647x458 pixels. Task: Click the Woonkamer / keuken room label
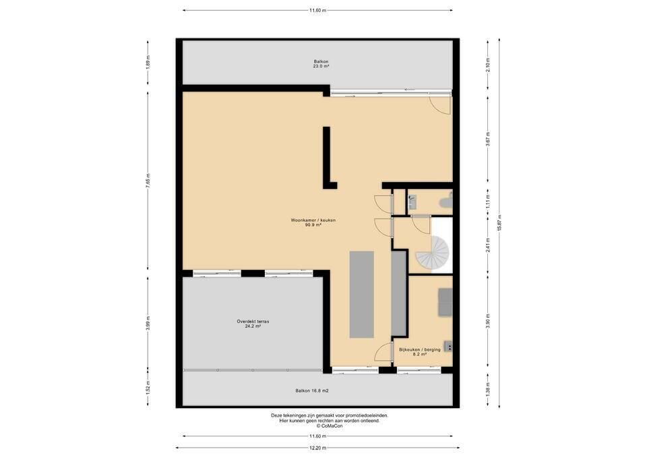click(x=313, y=223)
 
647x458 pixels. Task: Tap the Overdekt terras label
click(x=253, y=323)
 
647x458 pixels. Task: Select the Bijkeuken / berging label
click(x=420, y=351)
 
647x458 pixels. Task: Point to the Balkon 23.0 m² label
click(x=321, y=63)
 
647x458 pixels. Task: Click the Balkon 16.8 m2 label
click(x=312, y=391)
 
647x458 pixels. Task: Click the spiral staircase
click(x=433, y=252)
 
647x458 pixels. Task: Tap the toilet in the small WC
click(x=446, y=202)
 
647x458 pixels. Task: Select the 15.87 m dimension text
click(x=499, y=223)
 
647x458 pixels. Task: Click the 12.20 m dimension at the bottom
click(x=317, y=448)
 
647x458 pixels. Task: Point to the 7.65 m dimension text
click(x=148, y=181)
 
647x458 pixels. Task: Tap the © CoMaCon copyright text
click(x=330, y=426)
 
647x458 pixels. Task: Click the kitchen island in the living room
click(x=361, y=295)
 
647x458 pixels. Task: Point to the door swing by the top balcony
click(x=440, y=105)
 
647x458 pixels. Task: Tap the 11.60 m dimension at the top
click(x=317, y=10)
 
